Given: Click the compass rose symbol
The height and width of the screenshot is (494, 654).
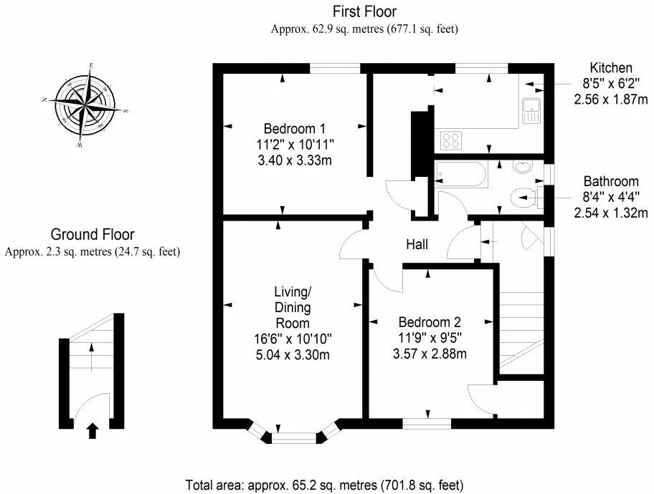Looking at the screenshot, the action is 85,105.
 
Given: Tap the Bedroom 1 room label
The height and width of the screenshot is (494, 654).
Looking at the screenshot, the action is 295,128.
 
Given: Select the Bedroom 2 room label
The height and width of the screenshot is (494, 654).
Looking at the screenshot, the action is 430,322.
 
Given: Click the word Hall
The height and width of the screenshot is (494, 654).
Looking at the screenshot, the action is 417,244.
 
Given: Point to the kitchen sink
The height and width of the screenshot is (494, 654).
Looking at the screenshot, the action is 531,111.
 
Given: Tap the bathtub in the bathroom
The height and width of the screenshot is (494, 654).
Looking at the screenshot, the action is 460,175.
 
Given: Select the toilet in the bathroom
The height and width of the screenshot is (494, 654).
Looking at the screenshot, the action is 525,197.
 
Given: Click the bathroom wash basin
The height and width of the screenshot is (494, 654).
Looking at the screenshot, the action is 523,167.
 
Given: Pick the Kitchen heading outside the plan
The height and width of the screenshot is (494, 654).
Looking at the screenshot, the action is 611,67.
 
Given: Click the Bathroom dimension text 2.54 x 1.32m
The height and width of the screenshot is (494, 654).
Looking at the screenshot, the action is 611,213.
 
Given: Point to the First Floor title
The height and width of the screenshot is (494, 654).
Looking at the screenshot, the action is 364,11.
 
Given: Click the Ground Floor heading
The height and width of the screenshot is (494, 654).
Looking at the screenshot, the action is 93,234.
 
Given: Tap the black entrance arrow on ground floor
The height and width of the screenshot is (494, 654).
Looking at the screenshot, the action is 93,431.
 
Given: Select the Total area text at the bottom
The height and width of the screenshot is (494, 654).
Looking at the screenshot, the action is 325,485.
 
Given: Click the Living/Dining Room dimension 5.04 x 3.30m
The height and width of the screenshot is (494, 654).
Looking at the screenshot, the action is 293,354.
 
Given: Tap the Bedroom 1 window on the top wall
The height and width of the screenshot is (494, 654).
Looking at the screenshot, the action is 335,68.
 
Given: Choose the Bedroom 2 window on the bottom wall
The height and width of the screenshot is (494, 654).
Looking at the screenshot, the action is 427,424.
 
